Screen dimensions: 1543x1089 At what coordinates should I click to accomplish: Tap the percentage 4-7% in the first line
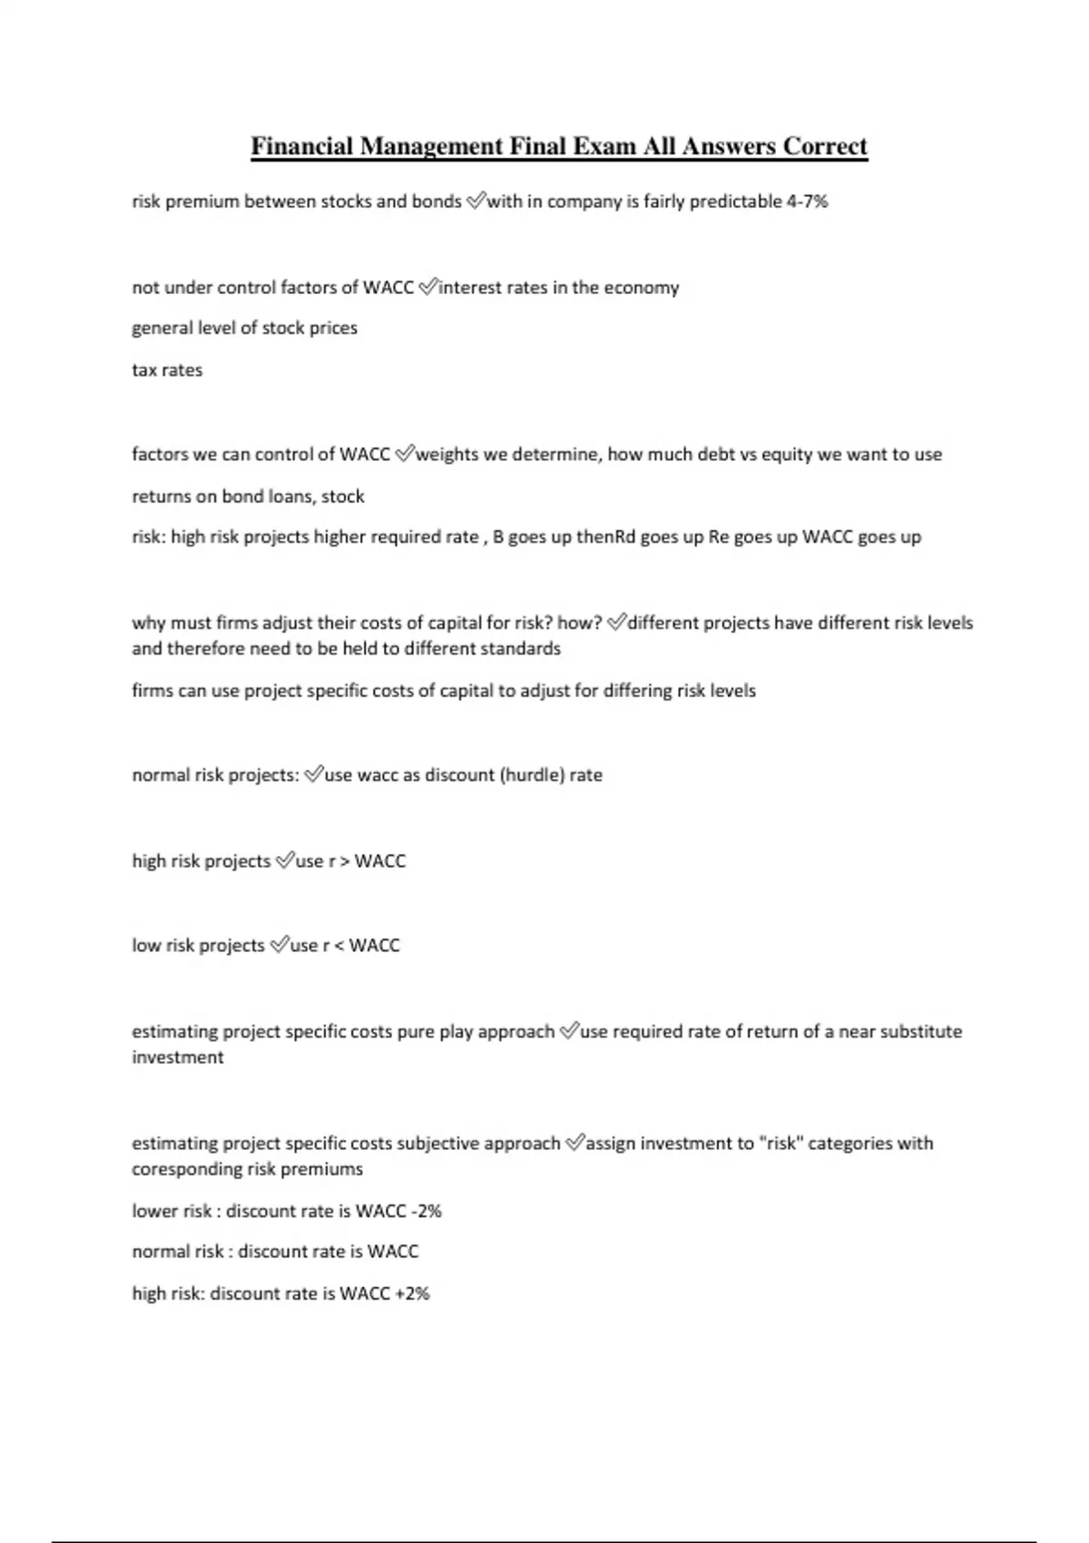pyautogui.click(x=807, y=201)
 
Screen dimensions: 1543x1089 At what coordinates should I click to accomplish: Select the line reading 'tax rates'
pyautogui.click(x=167, y=370)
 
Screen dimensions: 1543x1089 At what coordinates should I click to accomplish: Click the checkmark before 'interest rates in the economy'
pyautogui.click(x=427, y=288)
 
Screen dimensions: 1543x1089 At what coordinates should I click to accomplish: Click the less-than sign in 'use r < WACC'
pyautogui.click(x=338, y=946)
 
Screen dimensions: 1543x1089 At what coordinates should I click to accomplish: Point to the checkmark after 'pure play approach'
pyautogui.click(x=568, y=1031)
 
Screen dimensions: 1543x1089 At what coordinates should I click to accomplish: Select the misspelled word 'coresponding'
pyautogui.click(x=186, y=1169)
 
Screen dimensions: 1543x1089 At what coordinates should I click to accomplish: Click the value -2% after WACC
pyautogui.click(x=426, y=1212)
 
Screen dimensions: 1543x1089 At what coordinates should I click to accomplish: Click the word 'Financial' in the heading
pyautogui.click(x=301, y=146)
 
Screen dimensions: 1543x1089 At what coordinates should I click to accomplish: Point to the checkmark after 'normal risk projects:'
pyautogui.click(x=313, y=775)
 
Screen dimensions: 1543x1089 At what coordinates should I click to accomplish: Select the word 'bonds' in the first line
pyautogui.click(x=437, y=201)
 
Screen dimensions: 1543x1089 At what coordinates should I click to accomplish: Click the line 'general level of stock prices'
pyautogui.click(x=245, y=329)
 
